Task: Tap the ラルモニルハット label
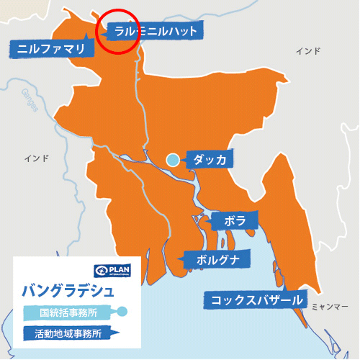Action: [156, 31]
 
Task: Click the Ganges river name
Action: [30, 99]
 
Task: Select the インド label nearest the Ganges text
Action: [35, 158]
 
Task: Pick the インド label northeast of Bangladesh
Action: [308, 51]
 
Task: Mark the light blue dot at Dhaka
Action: [173, 160]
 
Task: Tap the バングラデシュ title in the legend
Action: [68, 292]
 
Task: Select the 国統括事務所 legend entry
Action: [69, 312]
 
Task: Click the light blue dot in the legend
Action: [122, 312]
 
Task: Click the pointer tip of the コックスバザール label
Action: [300, 308]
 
